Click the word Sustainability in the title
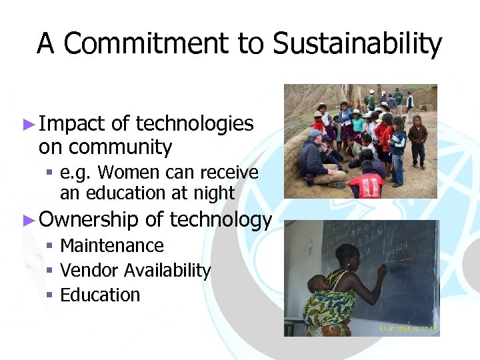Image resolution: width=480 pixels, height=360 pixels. [357, 44]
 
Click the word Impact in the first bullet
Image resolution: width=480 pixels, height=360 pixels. [72, 124]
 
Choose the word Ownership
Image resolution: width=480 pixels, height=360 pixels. [89, 220]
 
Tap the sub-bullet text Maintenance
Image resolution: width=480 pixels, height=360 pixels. [112, 246]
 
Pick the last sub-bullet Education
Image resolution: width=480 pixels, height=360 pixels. [100, 295]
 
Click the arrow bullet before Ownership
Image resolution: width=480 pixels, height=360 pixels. [28, 221]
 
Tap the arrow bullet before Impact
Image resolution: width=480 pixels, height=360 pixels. [28, 125]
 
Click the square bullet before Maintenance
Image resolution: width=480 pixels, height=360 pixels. [50, 246]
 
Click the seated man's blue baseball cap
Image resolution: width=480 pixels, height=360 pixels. [315, 133]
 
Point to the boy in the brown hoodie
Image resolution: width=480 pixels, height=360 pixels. [418, 136]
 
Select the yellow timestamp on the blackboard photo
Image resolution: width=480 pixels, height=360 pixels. [408, 329]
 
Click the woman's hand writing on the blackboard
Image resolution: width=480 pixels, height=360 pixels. [382, 270]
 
